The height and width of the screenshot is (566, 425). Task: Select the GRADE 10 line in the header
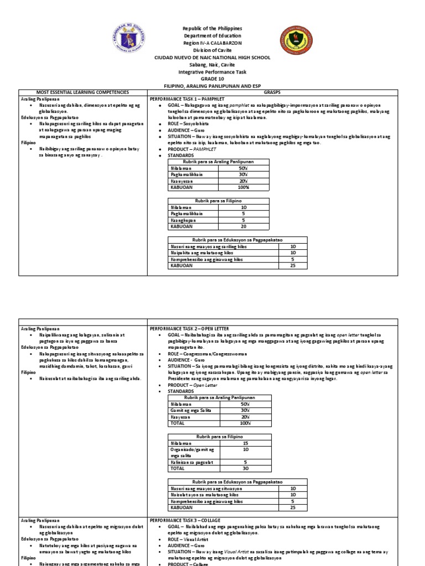(x=212, y=79)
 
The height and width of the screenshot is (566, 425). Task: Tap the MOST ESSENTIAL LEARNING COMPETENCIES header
(x=82, y=92)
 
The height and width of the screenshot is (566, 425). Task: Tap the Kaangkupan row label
(x=182, y=220)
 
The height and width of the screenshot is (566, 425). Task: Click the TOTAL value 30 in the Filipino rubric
(x=244, y=468)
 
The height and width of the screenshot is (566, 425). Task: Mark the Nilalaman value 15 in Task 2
(x=244, y=443)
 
